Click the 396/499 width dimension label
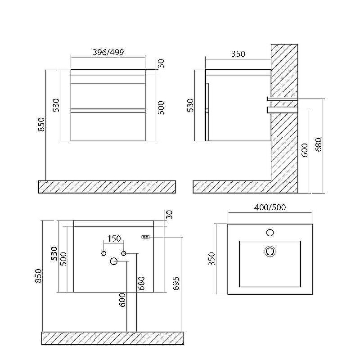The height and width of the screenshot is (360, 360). [108, 52]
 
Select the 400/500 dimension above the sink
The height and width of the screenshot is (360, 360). [270, 207]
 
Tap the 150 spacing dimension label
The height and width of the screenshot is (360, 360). [114, 238]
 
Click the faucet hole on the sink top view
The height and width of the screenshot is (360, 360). [270, 233]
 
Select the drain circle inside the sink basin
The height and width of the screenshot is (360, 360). [270, 251]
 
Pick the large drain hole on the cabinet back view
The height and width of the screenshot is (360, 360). [113, 261]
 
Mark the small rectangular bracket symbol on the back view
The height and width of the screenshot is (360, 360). [146, 237]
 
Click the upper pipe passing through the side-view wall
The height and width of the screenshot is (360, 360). [283, 99]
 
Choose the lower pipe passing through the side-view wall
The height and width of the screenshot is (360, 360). [283, 109]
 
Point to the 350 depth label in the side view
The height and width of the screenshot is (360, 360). [238, 54]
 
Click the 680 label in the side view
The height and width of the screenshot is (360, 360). [319, 144]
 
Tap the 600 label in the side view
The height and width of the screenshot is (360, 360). [305, 150]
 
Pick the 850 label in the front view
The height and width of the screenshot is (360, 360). [41, 125]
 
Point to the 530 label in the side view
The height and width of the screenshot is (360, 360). [190, 105]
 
